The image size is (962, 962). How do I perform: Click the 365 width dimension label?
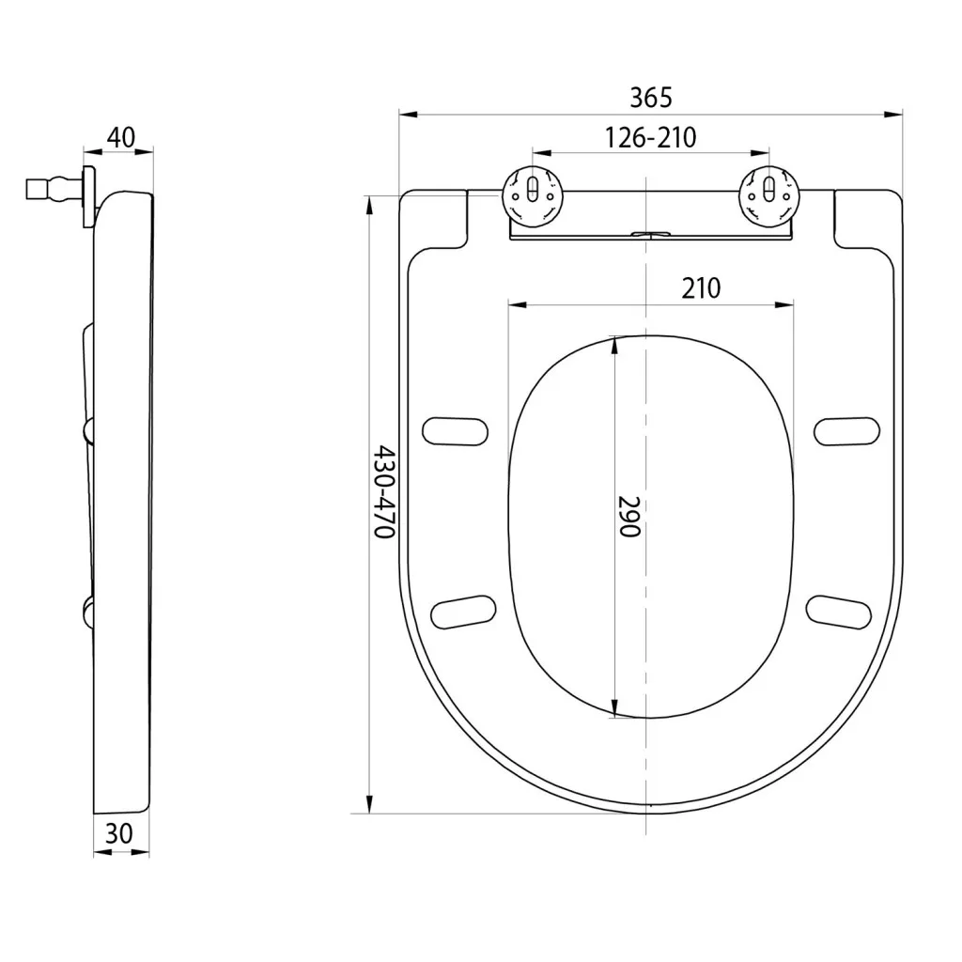(651, 98)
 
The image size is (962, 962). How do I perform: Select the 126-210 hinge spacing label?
(650, 137)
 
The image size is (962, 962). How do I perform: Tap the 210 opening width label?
(701, 287)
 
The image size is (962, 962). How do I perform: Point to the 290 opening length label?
(628, 516)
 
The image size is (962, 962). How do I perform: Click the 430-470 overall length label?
(385, 492)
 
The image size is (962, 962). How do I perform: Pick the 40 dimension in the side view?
(121, 137)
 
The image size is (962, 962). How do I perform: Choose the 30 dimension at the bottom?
(119, 833)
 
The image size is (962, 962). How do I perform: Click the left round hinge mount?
(533, 195)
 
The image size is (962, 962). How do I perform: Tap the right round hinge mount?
(769, 195)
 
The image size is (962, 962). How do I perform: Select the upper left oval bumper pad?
(456, 430)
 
